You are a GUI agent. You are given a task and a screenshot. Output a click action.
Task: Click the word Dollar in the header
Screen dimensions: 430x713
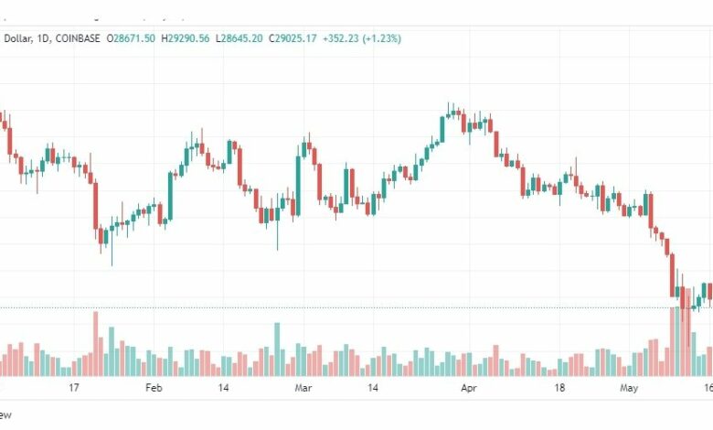(16, 38)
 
